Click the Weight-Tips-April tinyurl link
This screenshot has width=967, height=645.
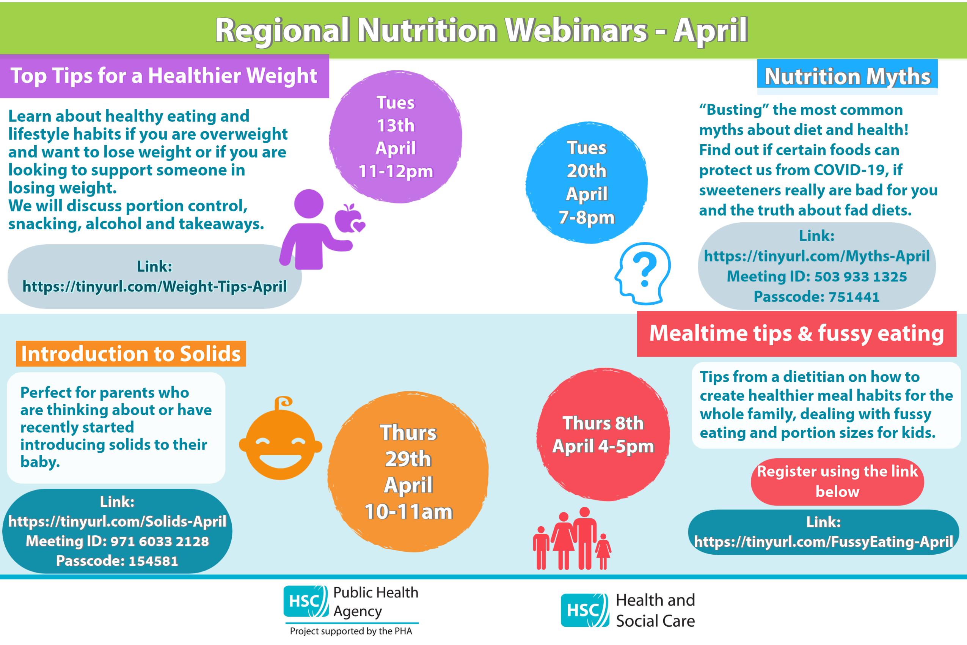click(x=155, y=286)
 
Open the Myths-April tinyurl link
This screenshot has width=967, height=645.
click(x=816, y=256)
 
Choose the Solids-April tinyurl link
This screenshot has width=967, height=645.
click(x=117, y=521)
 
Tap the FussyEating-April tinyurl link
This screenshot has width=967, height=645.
click(x=824, y=541)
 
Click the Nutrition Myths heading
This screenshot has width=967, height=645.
click(x=848, y=77)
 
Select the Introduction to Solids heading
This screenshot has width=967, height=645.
click(x=131, y=354)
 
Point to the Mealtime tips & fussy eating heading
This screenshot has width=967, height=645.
click(x=797, y=333)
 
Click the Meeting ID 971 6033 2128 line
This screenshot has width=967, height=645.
click(x=117, y=541)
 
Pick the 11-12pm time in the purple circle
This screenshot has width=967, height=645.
click(x=396, y=171)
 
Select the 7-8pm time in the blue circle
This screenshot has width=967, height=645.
click(x=587, y=217)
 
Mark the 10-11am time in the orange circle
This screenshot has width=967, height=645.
click(x=408, y=511)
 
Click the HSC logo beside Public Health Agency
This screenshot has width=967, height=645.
click(x=306, y=601)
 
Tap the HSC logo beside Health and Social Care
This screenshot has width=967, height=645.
click(x=585, y=610)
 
